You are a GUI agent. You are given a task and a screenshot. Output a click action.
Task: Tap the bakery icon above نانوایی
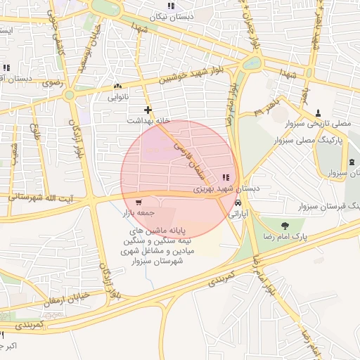coord(116,86)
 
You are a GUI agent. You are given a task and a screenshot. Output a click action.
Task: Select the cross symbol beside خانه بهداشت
coord(148,110)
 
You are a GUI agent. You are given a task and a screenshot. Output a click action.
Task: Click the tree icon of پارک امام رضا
coord(284,226)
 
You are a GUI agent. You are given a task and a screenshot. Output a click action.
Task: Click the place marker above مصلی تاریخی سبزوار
coord(319,112)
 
